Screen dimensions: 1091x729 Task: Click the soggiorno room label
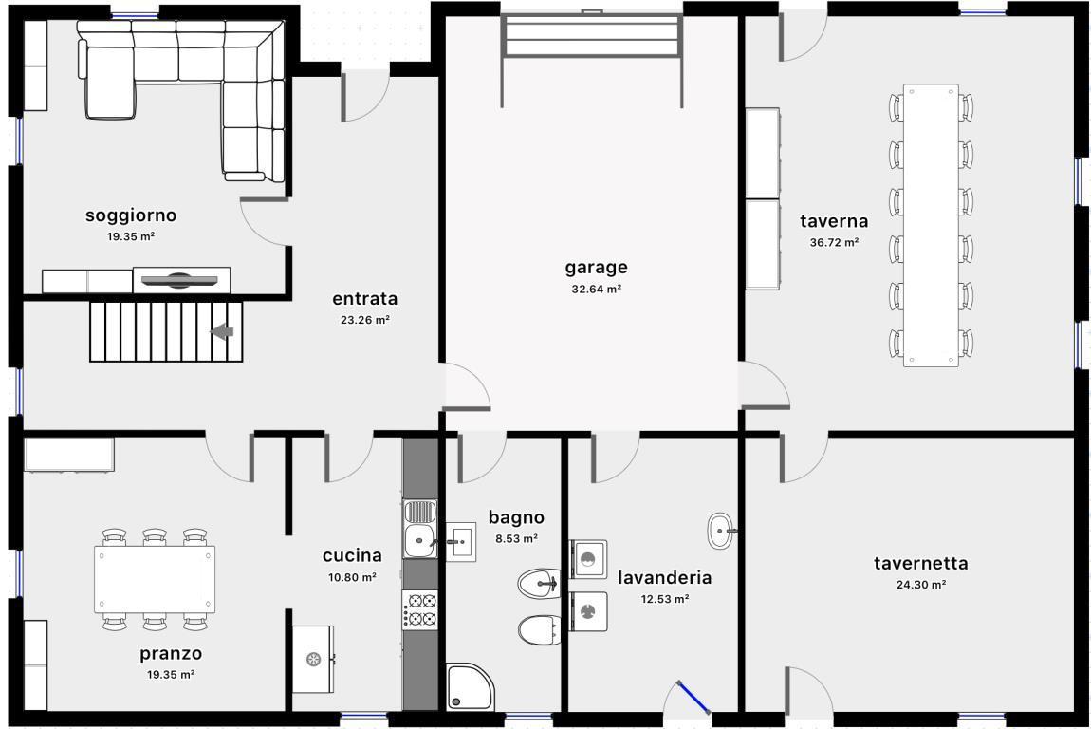pos(131,215)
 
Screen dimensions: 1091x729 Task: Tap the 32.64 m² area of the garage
pos(597,289)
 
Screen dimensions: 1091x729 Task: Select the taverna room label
pos(834,221)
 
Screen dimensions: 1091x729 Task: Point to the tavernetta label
pos(920,563)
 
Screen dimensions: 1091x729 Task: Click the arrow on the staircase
pos(222,331)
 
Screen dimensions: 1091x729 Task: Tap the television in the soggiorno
pos(179,281)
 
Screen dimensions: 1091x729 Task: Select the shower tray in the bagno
pos(470,686)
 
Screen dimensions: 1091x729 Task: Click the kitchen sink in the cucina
pos(419,529)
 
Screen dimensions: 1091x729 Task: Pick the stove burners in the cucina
pos(419,610)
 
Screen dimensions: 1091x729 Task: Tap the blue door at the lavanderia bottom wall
pos(693,697)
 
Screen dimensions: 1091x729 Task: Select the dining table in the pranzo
pos(155,579)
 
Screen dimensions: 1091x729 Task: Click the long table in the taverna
pos(931,226)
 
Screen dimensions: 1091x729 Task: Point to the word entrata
pos(364,299)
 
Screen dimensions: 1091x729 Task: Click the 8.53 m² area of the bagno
pos(516,539)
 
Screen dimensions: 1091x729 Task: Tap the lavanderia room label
pos(664,578)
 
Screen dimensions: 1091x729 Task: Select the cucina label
pos(352,555)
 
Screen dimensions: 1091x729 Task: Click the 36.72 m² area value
pos(834,243)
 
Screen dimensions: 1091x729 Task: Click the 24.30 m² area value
pos(920,585)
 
